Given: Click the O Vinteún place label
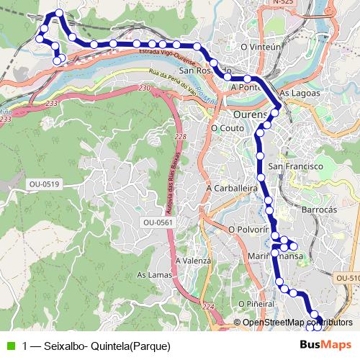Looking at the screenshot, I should point(261,47).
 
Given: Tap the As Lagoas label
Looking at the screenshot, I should point(298,94).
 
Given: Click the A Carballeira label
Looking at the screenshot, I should point(232,188).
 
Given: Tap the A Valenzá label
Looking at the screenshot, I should point(193,261).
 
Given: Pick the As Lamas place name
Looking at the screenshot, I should point(153,275).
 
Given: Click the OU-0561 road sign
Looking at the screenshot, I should point(159,222).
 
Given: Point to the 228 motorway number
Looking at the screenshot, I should point(179,137).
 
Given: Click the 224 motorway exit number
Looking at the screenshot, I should point(209,307).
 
